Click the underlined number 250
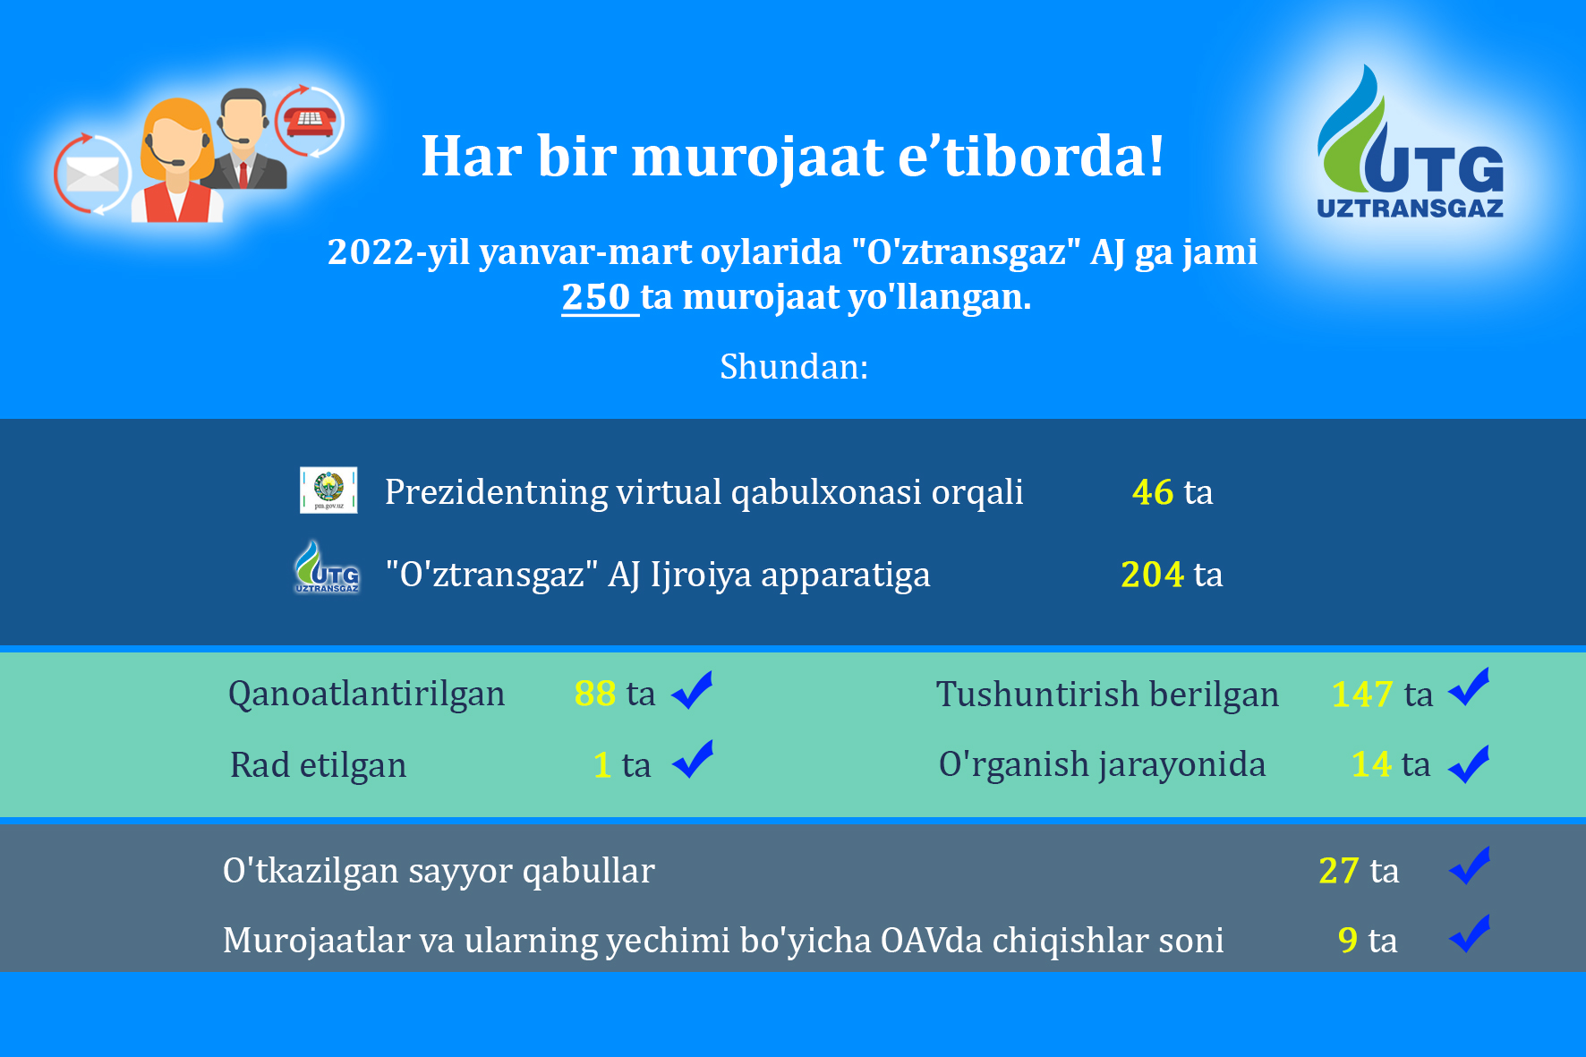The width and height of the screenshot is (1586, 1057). (x=596, y=297)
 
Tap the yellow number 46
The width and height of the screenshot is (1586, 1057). (x=1153, y=492)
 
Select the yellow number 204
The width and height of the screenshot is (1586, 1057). (x=1153, y=575)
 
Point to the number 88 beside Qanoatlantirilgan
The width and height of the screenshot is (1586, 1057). (x=595, y=694)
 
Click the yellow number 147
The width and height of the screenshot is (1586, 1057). (x=1362, y=695)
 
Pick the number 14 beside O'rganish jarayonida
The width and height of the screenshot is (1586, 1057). (x=1371, y=764)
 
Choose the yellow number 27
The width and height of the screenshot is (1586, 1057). (x=1339, y=871)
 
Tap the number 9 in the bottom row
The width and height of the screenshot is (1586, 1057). (x=1348, y=941)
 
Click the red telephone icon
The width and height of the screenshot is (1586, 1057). (x=310, y=121)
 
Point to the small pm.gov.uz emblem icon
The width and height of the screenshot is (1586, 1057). (x=328, y=490)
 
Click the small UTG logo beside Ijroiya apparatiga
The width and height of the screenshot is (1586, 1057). (x=328, y=567)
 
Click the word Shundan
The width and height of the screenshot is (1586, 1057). (x=793, y=367)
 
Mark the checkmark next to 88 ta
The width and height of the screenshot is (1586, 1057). (x=692, y=690)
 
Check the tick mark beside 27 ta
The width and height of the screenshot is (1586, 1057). (x=1470, y=865)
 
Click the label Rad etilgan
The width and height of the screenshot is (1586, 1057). (x=318, y=765)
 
